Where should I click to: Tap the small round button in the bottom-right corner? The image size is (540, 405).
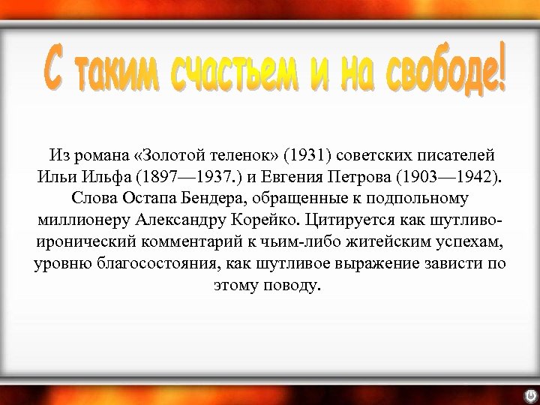point(529,393)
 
